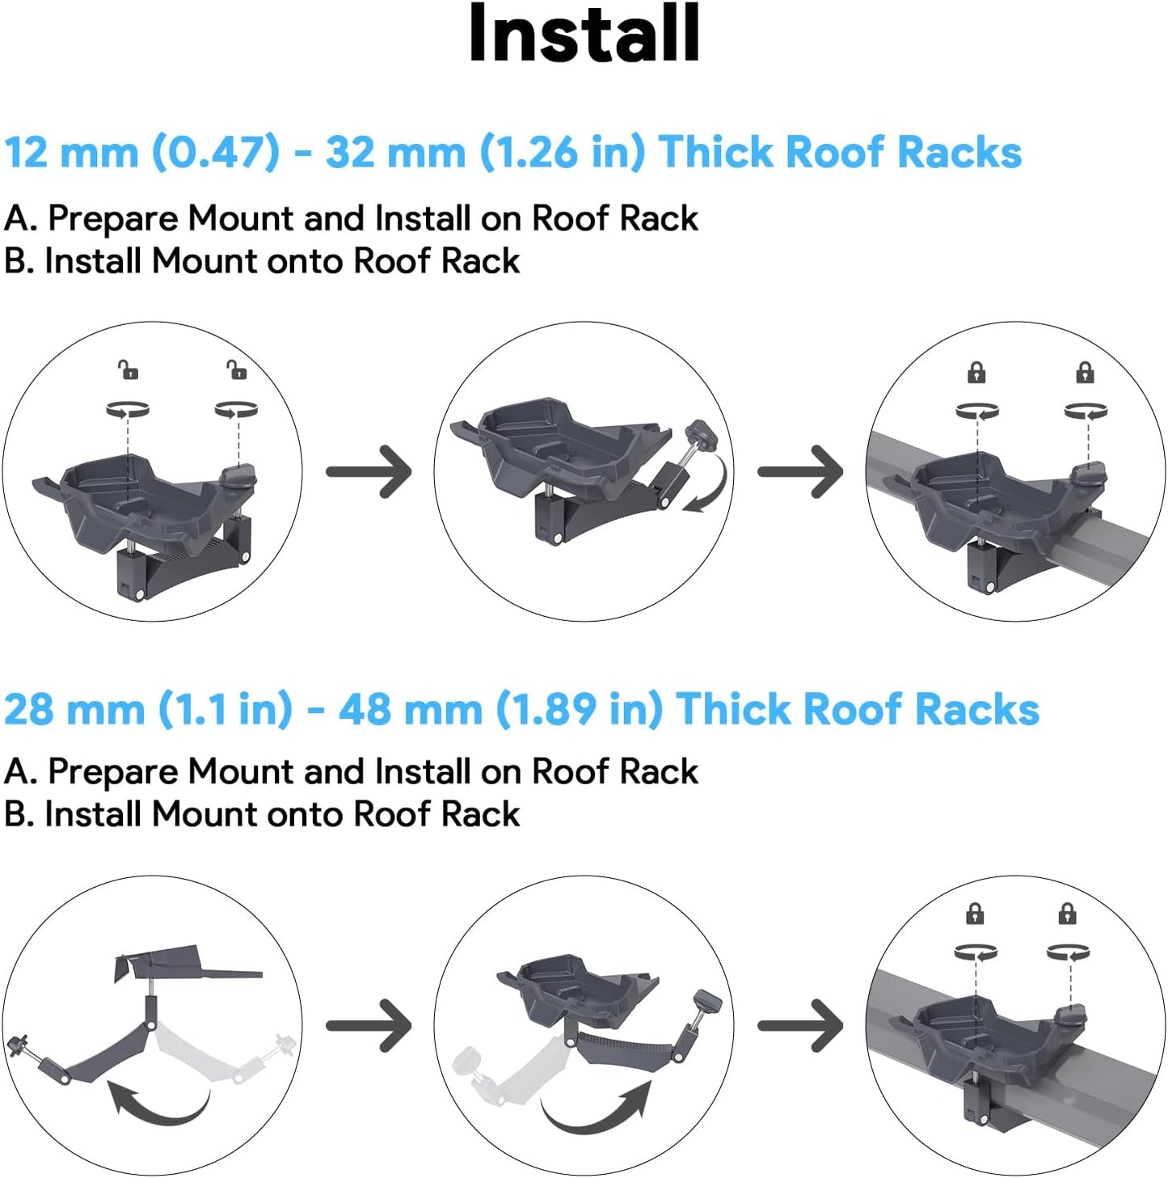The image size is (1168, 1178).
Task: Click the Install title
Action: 584,34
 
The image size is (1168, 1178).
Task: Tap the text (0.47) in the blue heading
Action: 216,152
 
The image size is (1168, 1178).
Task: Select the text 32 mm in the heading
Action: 395,152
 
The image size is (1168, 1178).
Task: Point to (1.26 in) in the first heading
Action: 563,152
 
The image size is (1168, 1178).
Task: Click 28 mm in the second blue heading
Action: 74,709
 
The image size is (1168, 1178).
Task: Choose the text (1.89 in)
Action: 580,709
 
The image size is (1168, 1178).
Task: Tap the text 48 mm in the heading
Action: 410,709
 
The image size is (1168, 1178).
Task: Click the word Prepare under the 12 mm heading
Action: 112,218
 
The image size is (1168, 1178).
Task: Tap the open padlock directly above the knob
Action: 236,370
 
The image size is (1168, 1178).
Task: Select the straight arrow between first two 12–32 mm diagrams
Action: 369,471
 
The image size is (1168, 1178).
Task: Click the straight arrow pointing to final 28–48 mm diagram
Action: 800,1025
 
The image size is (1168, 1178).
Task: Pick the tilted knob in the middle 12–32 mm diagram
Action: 700,437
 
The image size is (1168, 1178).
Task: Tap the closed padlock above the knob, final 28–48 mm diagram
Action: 1067,914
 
